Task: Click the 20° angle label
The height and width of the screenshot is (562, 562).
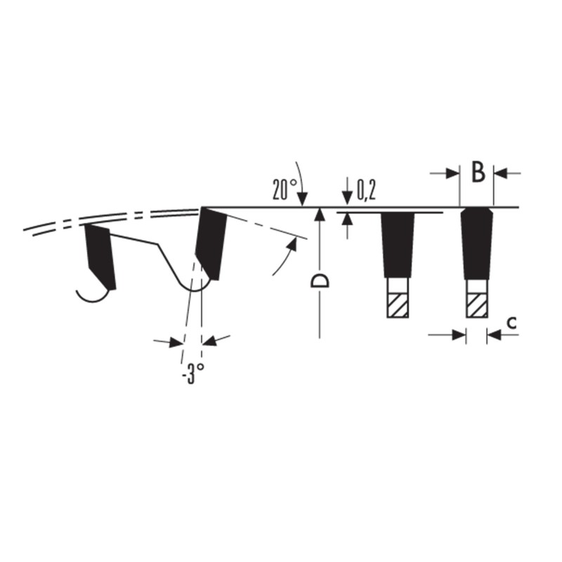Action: click(285, 189)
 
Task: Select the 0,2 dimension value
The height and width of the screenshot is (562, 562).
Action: click(366, 190)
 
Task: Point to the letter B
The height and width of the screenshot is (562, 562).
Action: click(478, 172)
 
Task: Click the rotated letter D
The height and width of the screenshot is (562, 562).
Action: click(320, 282)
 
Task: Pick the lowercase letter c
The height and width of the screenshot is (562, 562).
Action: click(513, 322)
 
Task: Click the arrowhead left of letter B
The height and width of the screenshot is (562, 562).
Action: click(452, 174)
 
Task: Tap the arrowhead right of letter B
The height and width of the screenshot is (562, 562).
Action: click(500, 174)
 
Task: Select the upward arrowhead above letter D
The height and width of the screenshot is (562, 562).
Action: click(320, 215)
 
